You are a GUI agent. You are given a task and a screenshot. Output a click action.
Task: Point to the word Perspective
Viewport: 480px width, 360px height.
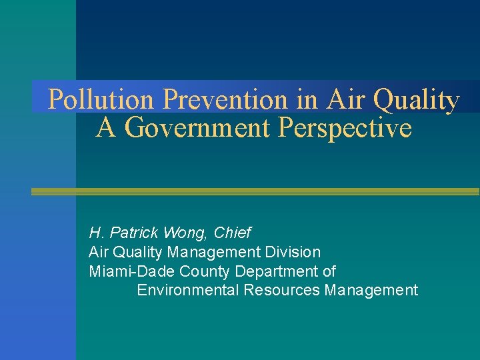tap(345, 127)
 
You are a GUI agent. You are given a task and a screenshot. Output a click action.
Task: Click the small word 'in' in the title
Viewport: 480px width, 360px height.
tap(307, 100)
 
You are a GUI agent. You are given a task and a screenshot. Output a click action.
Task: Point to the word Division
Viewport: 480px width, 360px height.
tap(293, 252)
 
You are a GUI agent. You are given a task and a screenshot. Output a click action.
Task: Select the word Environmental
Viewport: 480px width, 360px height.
tap(187, 291)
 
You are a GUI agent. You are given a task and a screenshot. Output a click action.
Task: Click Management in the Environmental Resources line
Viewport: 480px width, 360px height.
tap(371, 291)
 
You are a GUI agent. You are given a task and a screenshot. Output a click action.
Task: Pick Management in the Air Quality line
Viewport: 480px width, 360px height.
tap(214, 252)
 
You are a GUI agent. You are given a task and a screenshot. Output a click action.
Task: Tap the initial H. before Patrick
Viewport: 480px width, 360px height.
tap(95, 233)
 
